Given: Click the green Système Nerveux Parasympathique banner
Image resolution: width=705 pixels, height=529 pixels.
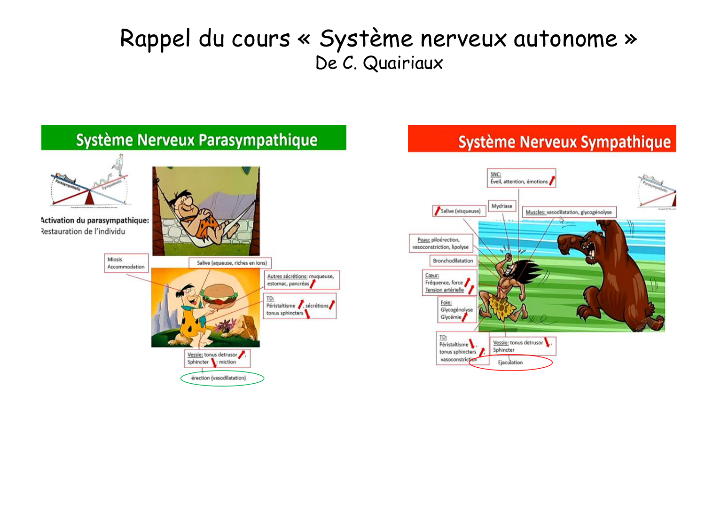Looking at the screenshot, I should (194, 138).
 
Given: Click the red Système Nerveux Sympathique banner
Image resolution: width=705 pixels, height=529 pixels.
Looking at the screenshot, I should (541, 139).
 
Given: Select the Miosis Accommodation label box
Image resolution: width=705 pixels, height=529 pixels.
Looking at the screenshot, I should (126, 263).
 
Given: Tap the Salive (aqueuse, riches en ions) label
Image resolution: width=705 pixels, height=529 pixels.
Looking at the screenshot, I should (231, 263).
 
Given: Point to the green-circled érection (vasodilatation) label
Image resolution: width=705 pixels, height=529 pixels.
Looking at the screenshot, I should (219, 378).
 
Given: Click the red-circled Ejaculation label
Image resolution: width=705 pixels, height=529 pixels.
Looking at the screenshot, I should (510, 363).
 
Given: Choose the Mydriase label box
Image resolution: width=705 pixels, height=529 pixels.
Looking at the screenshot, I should (501, 206).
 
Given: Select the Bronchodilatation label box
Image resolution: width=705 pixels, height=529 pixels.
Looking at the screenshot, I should (453, 261).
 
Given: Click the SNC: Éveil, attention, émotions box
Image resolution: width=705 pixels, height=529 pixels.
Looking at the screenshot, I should (521, 178).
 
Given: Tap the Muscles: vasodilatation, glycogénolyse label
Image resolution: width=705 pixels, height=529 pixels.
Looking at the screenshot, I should (569, 212).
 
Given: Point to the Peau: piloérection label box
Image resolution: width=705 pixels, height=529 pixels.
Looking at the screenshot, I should (440, 243).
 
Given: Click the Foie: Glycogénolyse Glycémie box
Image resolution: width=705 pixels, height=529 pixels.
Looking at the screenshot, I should (456, 310).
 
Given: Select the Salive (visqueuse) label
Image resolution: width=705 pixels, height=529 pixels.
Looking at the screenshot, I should (458, 211).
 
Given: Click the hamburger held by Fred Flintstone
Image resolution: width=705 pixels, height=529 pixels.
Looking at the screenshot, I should (219, 295).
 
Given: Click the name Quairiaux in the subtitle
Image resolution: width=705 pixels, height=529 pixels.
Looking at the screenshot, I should (403, 63).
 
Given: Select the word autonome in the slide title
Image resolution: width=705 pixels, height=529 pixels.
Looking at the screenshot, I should (565, 39).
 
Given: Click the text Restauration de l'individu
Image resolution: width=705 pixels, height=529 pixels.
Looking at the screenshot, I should (84, 231).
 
